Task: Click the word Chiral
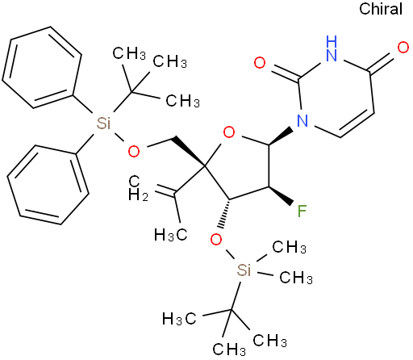381,9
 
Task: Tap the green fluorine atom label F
302,211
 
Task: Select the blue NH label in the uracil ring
331,48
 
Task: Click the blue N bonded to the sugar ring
302,121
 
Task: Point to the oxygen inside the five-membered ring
229,132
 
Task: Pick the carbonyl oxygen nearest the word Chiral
403,48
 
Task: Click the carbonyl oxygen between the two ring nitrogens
260,63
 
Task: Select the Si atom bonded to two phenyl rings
103,123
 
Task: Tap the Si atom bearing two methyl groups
244,270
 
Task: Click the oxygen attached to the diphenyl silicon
134,152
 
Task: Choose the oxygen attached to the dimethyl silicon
216,240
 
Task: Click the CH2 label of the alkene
138,188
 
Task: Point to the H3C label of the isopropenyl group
170,235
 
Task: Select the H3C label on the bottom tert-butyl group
179,319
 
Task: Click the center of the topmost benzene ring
42,67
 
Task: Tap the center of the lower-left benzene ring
48,185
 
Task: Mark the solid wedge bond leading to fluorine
281,195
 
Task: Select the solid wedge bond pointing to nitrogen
281,137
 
